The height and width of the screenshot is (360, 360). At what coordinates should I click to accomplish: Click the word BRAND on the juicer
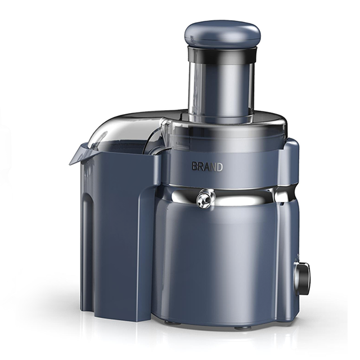tap(208, 167)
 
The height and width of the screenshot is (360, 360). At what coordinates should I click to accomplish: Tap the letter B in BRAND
tap(195, 167)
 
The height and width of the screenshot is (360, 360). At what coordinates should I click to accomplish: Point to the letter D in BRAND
tap(219, 167)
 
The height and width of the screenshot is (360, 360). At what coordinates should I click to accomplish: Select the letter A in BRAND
tap(206, 167)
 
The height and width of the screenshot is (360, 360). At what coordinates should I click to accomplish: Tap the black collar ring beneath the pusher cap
tap(222, 54)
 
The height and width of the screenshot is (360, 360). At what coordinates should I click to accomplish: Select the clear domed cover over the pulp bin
tap(129, 131)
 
